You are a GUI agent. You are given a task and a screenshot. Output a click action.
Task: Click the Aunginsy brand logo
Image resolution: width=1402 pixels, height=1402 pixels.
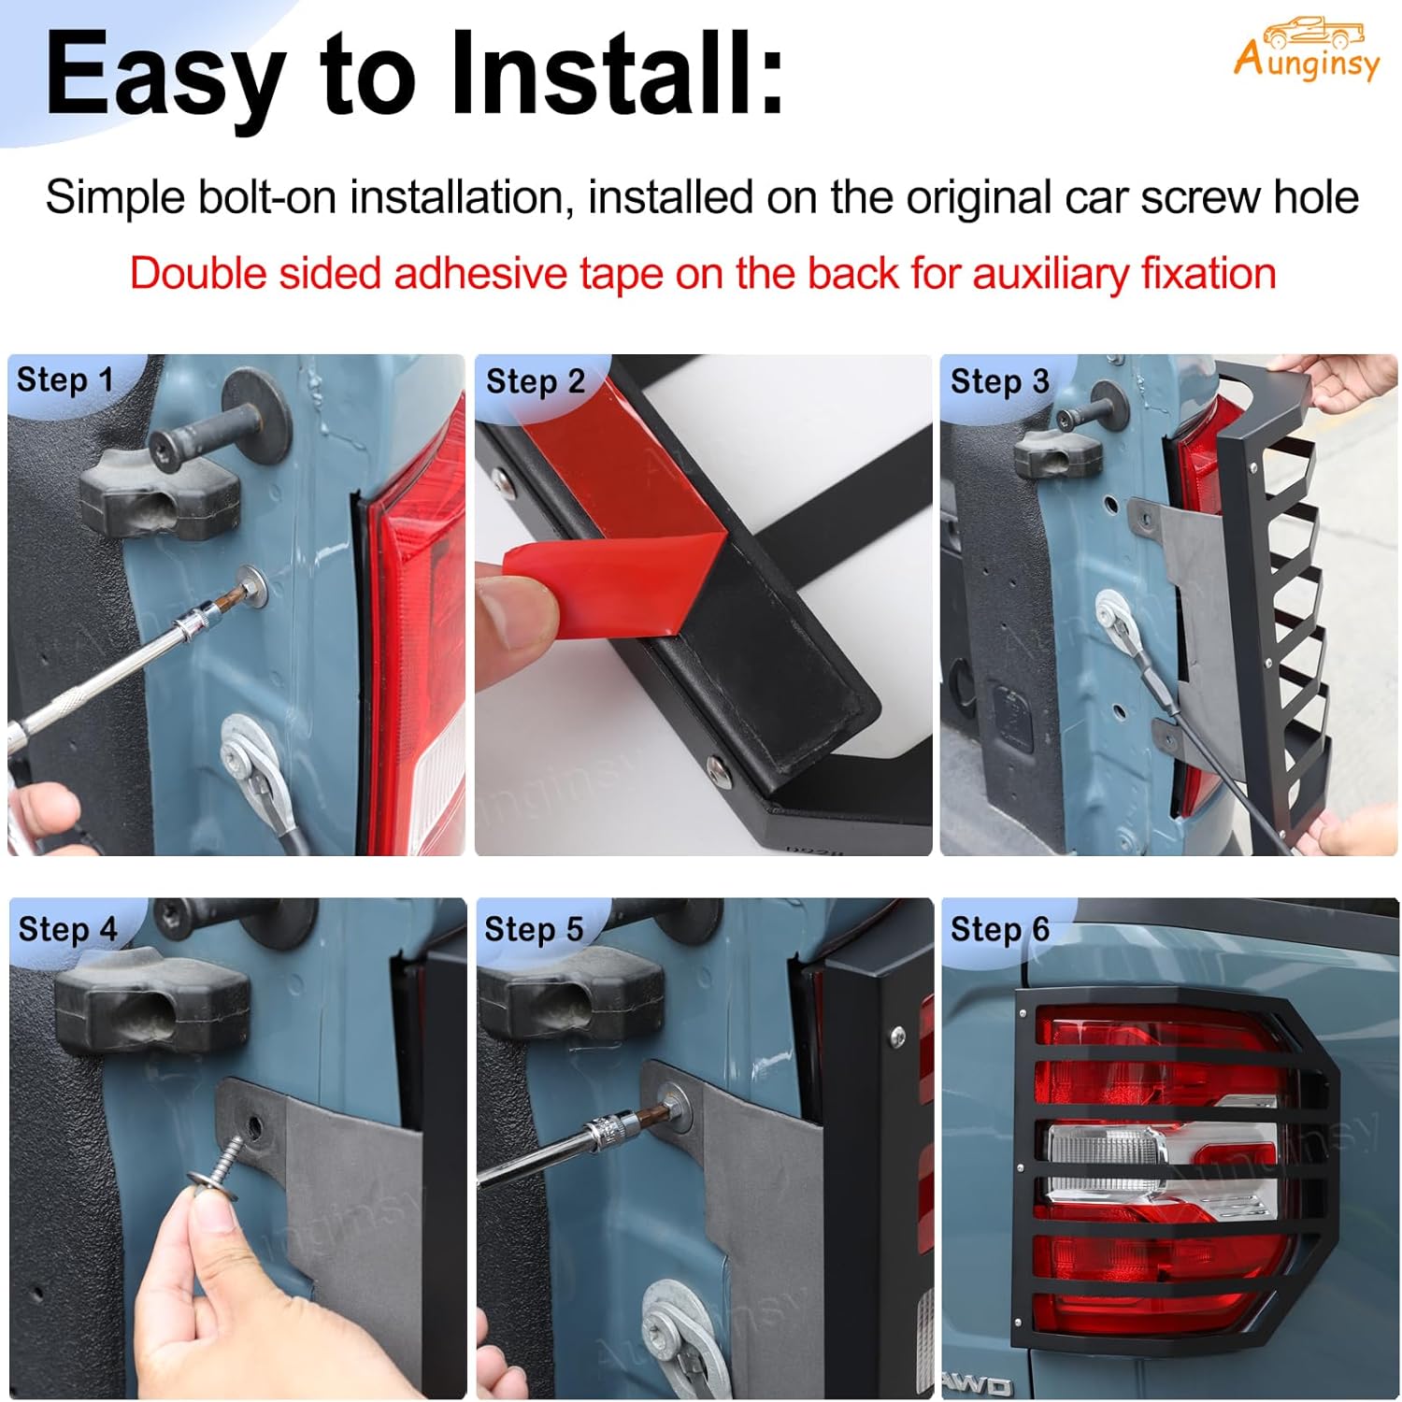pyautogui.click(x=1306, y=50)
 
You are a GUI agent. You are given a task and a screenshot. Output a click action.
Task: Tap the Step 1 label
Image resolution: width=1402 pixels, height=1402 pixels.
pyautogui.click(x=64, y=380)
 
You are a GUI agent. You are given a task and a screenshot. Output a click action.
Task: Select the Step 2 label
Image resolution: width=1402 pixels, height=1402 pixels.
pyautogui.click(x=535, y=381)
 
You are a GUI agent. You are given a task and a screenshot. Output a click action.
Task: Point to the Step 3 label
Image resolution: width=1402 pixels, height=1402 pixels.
pyautogui.click(x=999, y=381)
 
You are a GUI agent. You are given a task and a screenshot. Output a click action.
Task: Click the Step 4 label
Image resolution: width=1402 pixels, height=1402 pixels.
pyautogui.click(x=67, y=929)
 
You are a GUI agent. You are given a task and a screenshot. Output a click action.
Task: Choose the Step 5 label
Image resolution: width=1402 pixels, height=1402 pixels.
pyautogui.click(x=533, y=929)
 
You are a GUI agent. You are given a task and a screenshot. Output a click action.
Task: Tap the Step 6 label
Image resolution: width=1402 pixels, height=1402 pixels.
pyautogui.click(x=999, y=929)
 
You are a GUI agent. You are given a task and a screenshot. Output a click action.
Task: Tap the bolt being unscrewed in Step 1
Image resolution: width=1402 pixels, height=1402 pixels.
pyautogui.click(x=250, y=585)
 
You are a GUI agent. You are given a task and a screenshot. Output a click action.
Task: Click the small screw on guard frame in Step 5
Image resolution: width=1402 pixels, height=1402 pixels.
pyautogui.click(x=898, y=1035)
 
